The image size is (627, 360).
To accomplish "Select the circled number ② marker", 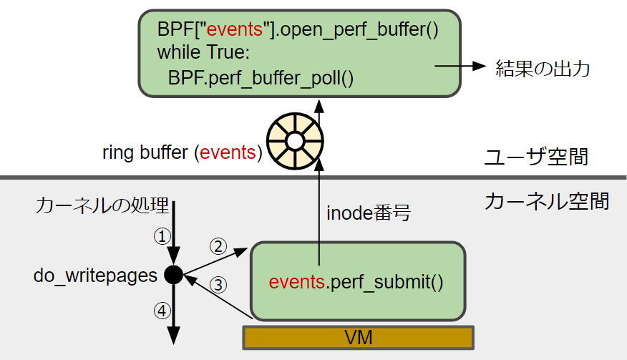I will [217, 245].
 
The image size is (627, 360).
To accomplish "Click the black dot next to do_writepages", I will [173, 274].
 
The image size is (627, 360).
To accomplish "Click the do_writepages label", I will [95, 276].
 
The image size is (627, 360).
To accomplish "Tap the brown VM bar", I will [358, 337].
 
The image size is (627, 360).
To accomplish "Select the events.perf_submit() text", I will [356, 281].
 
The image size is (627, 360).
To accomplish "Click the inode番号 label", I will [367, 213].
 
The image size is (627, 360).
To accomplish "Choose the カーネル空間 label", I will [546, 202].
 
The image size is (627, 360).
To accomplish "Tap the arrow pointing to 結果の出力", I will [458, 67].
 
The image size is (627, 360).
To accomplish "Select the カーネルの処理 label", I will [102, 207].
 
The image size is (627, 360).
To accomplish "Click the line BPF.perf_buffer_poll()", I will [261, 77].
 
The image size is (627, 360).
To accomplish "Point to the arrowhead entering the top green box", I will [320, 104].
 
